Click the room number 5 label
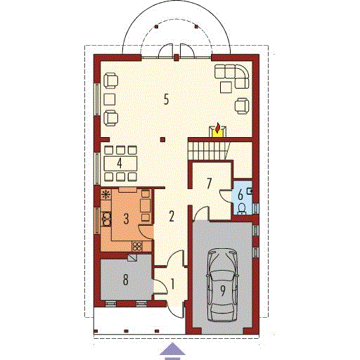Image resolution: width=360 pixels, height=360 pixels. [166, 99]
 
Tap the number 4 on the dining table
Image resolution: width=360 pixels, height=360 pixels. [120, 163]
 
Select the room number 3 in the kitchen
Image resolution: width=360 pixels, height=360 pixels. [126, 219]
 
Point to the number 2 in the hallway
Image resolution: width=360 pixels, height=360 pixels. [172, 216]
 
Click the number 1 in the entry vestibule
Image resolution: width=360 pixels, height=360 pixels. [173, 284]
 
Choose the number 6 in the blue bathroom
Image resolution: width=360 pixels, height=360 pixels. [240, 195]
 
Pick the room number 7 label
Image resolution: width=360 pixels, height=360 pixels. [210, 184]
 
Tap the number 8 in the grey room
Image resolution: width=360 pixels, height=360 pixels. [126, 280]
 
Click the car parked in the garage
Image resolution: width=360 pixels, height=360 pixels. [222, 285]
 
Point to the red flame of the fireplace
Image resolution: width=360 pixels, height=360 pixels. [218, 129]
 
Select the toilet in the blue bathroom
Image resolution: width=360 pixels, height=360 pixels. [242, 209]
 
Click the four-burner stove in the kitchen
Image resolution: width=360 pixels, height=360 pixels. [137, 246]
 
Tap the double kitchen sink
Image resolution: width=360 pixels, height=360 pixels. [106, 219]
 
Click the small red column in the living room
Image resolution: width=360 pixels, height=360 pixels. [162, 140]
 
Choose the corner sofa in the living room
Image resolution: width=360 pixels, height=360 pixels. [232, 76]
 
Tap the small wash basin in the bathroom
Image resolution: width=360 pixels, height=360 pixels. [250, 191]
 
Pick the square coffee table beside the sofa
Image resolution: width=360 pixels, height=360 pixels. [226, 87]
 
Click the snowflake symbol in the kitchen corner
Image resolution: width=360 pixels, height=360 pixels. [106, 195]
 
